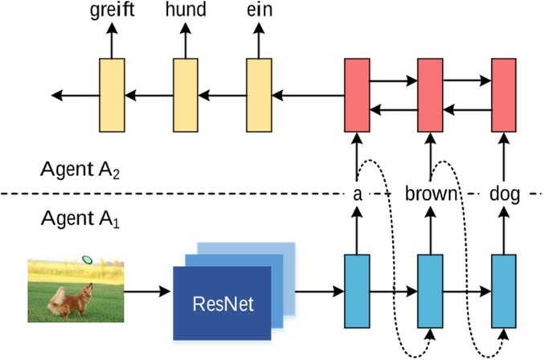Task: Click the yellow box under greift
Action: click(112, 94)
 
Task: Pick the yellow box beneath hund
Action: click(185, 94)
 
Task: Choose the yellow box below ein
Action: click(258, 94)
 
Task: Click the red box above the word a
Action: click(356, 94)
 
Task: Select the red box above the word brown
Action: click(429, 94)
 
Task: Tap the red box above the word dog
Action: click(502, 94)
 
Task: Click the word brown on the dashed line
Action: click(431, 194)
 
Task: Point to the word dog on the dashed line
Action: click(503, 194)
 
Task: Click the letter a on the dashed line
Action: click(357, 194)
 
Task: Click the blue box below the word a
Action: click(356, 290)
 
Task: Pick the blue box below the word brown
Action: click(429, 290)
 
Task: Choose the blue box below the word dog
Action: click(502, 290)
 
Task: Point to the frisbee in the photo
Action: click(87, 260)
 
